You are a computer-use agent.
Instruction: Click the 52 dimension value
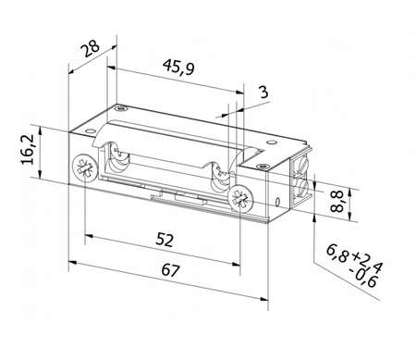coord(164,240)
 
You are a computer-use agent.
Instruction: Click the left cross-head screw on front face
coord(83,168)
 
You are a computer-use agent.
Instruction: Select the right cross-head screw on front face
coord(239,197)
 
